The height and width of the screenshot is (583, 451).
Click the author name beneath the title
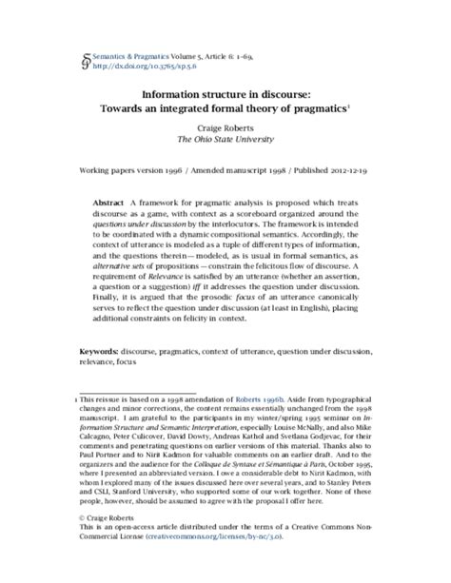tap(225, 127)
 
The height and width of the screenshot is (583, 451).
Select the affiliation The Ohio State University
tap(225, 140)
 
